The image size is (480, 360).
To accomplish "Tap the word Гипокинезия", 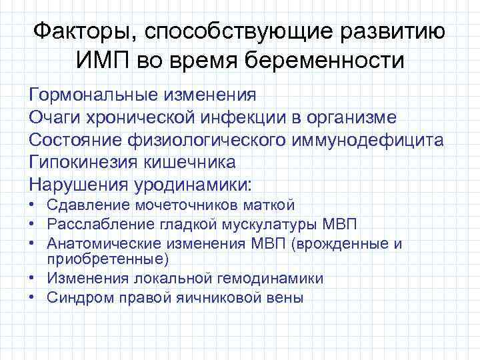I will click(82, 162).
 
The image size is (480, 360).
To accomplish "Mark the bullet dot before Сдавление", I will click(33, 205).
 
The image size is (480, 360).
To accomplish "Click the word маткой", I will click(272, 205).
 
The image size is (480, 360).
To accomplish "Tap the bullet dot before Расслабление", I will click(33, 225).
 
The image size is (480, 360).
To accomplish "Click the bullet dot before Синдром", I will click(33, 297).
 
